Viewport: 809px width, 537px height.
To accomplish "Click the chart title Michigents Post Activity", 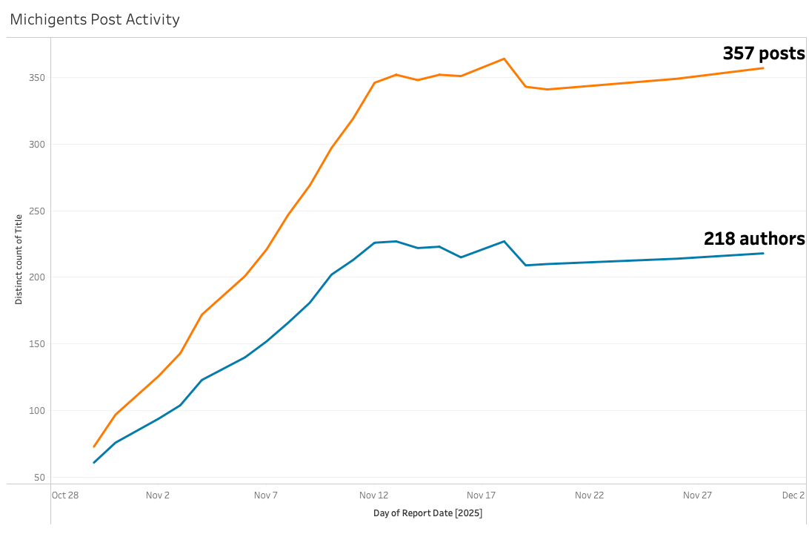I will [95, 19].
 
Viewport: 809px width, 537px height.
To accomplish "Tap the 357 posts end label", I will [763, 53].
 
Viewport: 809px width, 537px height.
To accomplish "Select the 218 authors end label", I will [753, 239].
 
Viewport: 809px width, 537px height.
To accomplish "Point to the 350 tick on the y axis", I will [37, 78].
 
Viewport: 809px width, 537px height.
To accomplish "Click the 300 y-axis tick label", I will [37, 145].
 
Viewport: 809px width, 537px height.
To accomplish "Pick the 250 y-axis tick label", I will [37, 211].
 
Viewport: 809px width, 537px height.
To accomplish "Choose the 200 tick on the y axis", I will [37, 277].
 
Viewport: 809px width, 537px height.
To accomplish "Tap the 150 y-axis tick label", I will [37, 344].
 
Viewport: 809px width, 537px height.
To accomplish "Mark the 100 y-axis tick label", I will [37, 411].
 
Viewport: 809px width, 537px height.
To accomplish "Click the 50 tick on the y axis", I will [39, 477].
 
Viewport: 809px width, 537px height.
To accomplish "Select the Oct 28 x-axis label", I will [65, 495].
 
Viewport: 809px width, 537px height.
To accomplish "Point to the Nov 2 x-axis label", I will [158, 495].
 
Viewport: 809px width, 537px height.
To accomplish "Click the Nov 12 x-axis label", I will [373, 495].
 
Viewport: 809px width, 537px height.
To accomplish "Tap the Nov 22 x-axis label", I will [589, 495].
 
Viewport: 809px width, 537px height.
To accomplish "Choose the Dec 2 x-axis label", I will [793, 495].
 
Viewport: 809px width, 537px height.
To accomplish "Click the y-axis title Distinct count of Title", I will [19, 259].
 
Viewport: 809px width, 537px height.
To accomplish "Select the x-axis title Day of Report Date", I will [427, 513].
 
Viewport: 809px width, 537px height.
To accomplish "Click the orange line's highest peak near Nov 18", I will [504, 59].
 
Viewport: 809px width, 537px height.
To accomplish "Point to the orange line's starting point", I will [94, 447].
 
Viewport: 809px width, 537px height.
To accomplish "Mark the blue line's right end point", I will [763, 254].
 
